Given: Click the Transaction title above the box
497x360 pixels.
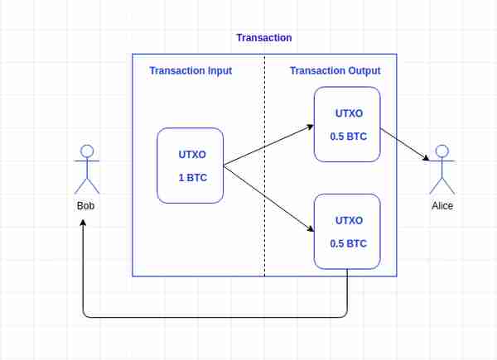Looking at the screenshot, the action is point(264,38).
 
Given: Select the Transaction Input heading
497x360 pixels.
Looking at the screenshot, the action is point(191,70).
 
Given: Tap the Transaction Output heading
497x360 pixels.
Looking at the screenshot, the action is point(335,70).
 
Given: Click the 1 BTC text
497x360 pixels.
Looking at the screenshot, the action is point(193,178).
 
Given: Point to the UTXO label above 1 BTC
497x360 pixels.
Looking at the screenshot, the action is point(192,155).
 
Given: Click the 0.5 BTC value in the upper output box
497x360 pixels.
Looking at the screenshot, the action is point(349,137).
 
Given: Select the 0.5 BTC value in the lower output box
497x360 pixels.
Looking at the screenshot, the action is point(349,243).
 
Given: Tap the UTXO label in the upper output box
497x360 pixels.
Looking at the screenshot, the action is point(349,113).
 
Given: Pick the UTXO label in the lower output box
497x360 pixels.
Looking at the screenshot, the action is point(349,220).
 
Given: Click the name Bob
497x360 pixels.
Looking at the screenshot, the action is point(85,206).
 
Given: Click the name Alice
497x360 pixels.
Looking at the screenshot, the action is point(442,206).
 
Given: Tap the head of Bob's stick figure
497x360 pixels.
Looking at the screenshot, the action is point(87,151).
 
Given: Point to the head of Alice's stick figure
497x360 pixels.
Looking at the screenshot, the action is point(442,151).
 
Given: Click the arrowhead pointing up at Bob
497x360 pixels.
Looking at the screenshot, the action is point(83,223).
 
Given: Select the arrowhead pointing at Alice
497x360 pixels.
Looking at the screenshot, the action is point(427,158).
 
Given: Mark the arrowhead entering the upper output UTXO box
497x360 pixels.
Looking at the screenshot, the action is point(311,127).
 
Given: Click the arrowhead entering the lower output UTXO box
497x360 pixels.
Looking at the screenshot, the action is point(311,228).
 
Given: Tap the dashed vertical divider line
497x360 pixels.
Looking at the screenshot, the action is point(265,166).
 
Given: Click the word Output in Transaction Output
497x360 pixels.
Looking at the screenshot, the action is point(364,70).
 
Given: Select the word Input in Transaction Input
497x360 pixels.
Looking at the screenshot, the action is point(220,70).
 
